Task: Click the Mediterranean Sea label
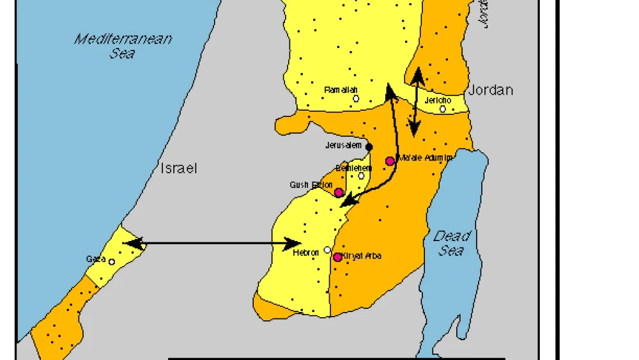pos(123,45)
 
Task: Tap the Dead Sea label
pos(452,243)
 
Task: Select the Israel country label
pos(178,168)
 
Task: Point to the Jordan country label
pos(491,90)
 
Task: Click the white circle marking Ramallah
pos(356,98)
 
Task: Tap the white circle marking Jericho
pos(442,109)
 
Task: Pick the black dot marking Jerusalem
pos(369,147)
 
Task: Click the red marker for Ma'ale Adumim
pos(390,161)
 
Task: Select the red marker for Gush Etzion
pos(339,192)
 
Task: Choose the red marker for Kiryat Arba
pos(337,257)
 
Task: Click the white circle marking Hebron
pos(327,250)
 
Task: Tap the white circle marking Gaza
pos(112,262)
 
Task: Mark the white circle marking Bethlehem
pos(361,176)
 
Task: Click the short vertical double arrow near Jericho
pos(417,102)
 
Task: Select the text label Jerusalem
pos(344,146)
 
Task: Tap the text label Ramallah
pos(341,90)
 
